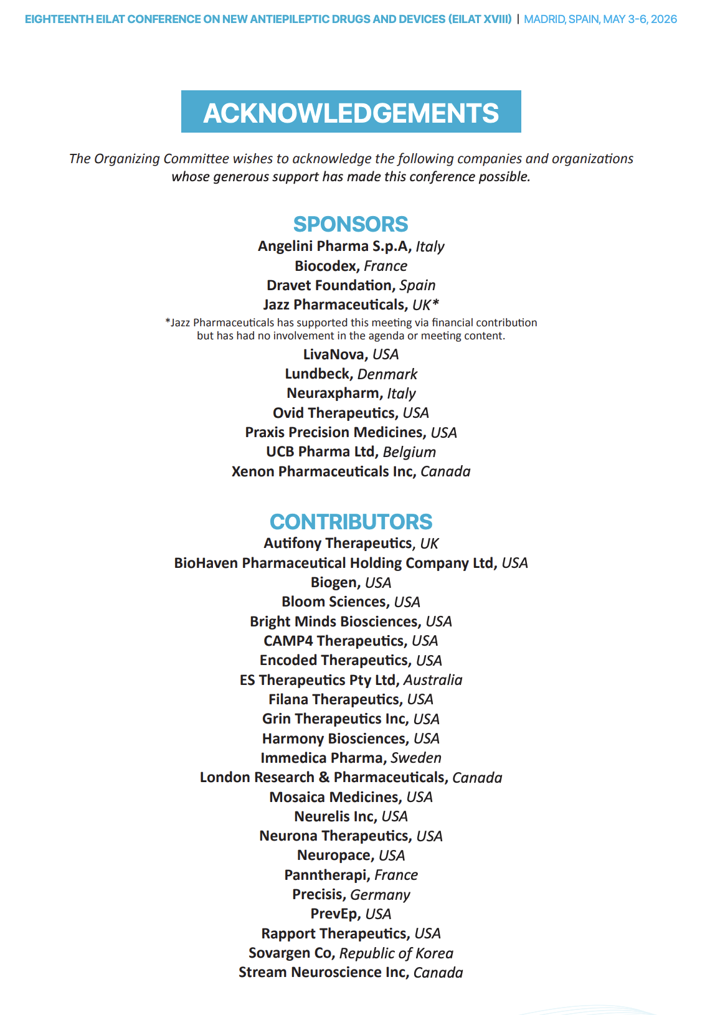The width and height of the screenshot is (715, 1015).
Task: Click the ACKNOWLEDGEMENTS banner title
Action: point(351,113)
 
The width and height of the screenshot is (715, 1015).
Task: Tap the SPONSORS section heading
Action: point(351,224)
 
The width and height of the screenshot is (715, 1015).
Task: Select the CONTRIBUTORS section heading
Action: point(351,522)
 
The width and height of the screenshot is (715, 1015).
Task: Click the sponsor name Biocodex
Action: point(326,266)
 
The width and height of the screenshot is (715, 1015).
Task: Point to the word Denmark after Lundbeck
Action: point(387,374)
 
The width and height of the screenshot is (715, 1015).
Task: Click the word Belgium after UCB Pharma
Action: point(409,452)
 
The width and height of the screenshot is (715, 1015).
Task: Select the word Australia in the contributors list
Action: point(433,680)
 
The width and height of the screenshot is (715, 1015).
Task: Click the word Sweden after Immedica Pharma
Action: point(416,758)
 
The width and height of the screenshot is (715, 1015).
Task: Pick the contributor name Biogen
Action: point(334,583)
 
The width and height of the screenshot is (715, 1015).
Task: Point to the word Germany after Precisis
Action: point(380,895)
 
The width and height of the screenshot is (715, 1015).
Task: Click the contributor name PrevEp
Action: point(334,914)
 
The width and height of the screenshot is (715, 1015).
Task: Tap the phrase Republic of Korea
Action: point(396,953)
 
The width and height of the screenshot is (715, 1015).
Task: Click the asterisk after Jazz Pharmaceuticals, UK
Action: point(436,303)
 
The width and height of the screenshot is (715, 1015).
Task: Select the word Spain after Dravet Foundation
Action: point(417,285)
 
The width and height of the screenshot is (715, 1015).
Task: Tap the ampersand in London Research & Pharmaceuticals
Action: point(324,778)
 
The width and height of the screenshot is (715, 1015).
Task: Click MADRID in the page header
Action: point(544,19)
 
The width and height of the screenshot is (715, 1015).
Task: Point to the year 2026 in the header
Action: point(664,19)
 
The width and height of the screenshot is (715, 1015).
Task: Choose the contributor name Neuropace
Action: point(334,856)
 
